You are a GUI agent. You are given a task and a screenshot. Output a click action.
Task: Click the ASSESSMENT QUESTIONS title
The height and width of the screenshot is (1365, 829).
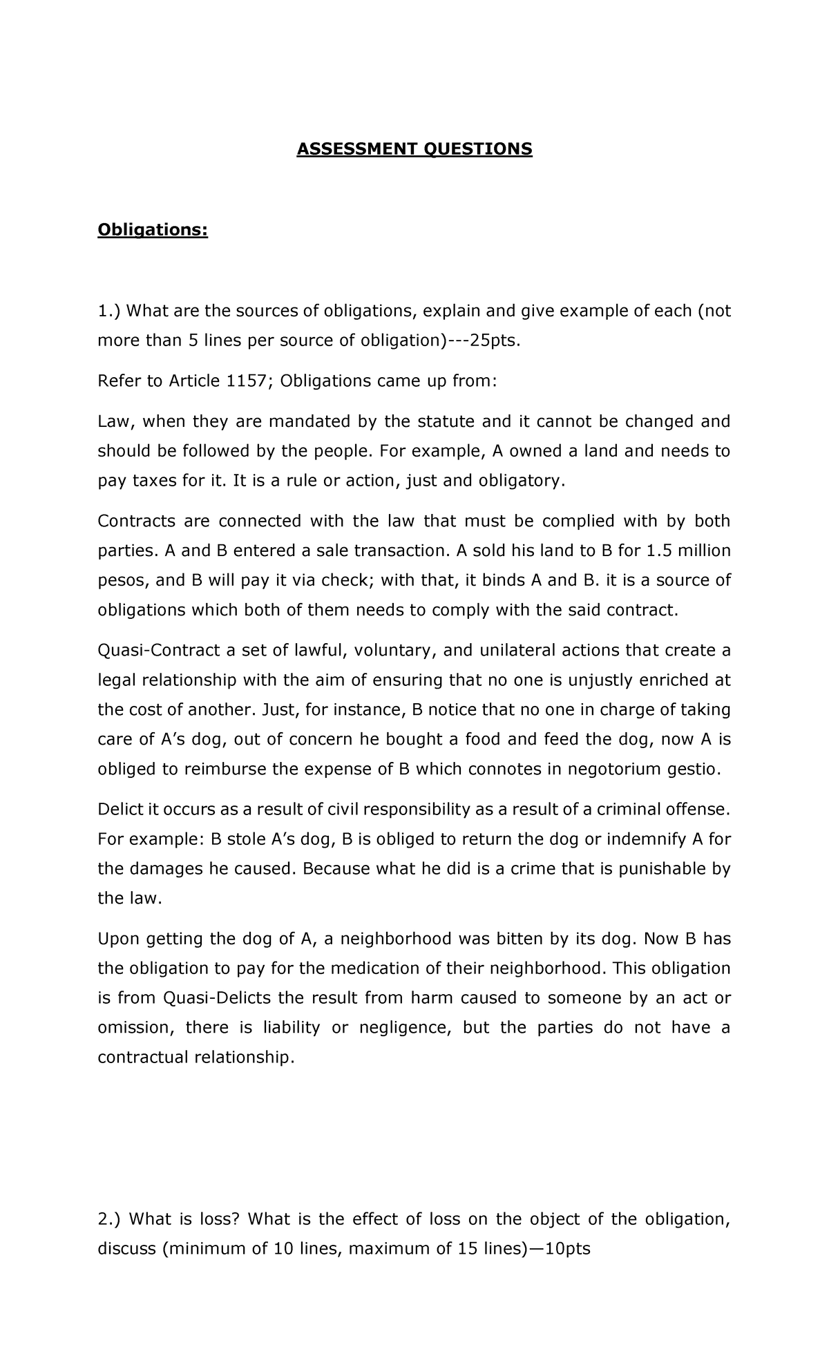pyautogui.click(x=414, y=149)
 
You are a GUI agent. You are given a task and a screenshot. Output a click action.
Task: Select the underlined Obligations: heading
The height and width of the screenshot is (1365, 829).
pyautogui.click(x=153, y=229)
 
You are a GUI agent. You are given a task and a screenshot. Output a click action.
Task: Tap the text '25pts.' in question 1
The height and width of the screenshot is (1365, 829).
pyautogui.click(x=492, y=341)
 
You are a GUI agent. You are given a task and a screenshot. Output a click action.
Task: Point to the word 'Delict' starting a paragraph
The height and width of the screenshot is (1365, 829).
pyautogui.click(x=121, y=810)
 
